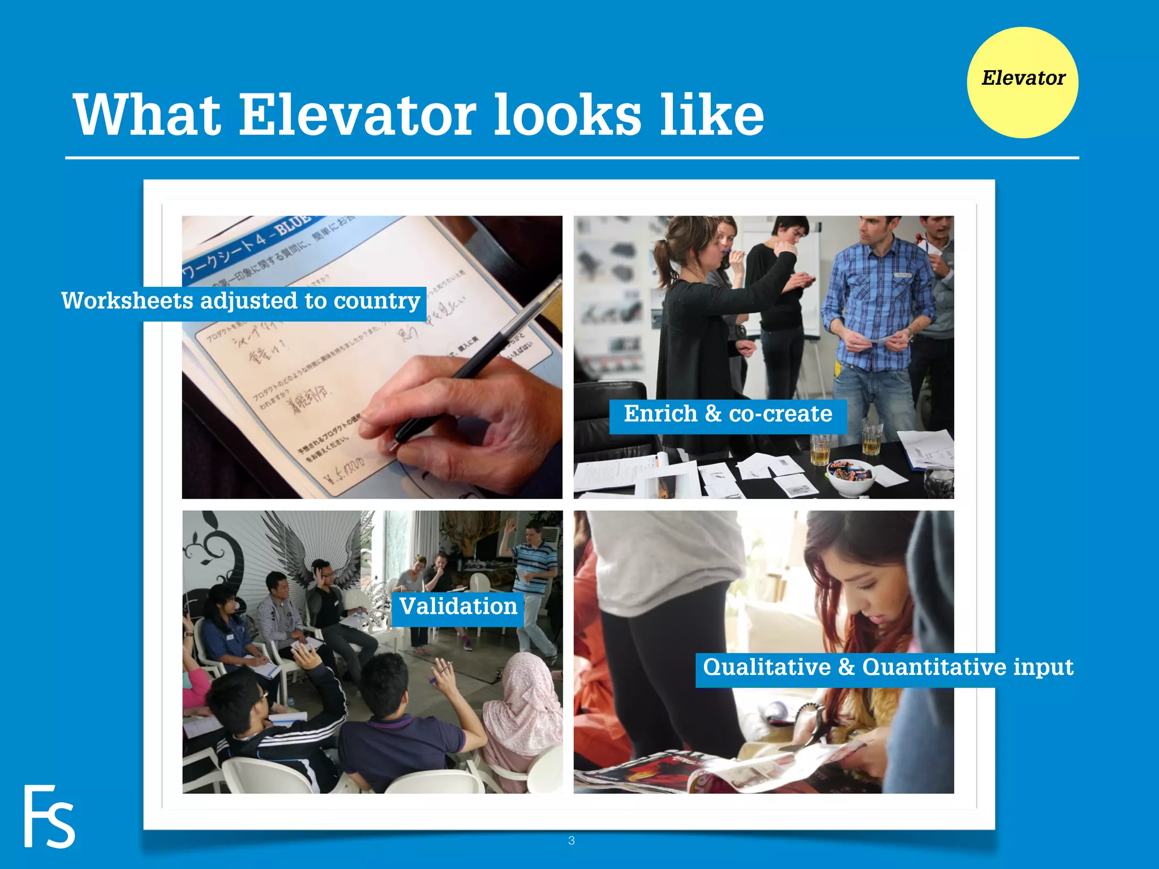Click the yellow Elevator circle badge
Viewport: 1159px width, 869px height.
[1023, 83]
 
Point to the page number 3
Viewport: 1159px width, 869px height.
[572, 841]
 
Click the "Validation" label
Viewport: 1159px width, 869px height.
[458, 606]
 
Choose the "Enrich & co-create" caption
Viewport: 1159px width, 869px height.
[728, 414]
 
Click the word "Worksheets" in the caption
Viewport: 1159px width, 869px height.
[127, 300]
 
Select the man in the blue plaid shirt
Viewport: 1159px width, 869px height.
[877, 317]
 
